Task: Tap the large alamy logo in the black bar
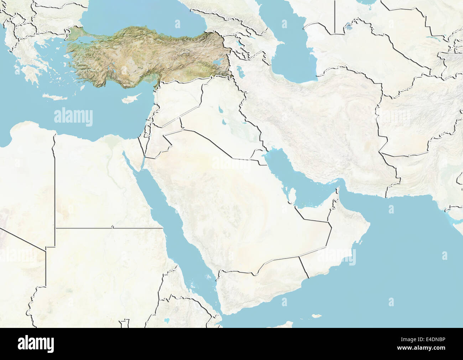[36, 344]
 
